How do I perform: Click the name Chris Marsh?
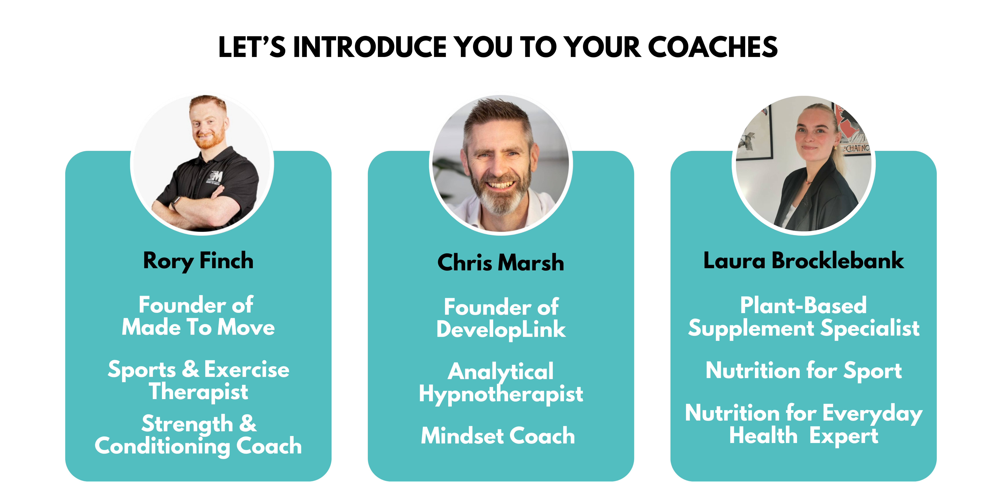(x=501, y=263)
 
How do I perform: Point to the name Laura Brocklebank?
(x=804, y=261)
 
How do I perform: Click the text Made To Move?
(x=198, y=327)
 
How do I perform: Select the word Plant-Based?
(x=804, y=305)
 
